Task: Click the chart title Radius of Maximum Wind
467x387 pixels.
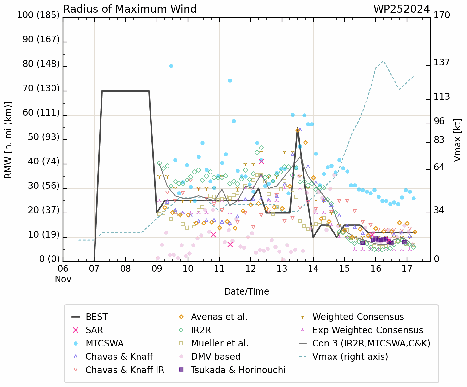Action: [x=130, y=9]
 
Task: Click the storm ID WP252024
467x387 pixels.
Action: [x=402, y=9]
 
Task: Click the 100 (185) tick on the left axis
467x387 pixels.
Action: [x=38, y=15]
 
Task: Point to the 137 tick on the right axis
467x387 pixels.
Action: [x=442, y=62]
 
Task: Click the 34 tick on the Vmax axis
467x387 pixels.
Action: [x=439, y=210]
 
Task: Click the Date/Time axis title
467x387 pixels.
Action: [x=247, y=291]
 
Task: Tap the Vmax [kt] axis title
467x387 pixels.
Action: [x=457, y=140]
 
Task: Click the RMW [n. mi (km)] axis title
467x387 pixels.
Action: [x=8, y=140]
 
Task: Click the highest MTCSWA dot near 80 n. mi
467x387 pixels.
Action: [x=171, y=66]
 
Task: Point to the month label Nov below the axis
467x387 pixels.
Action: [x=63, y=279]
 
